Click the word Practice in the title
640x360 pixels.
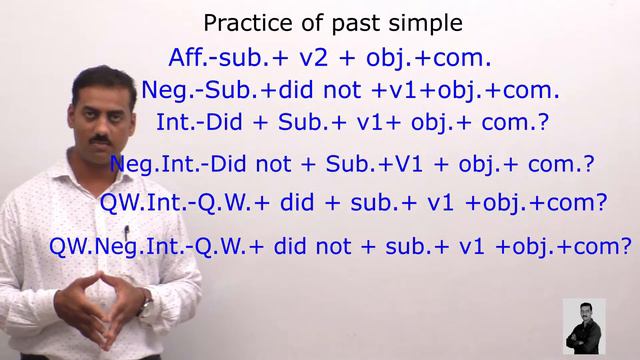pyautogui.click(x=238, y=22)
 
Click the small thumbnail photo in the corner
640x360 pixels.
pyautogui.click(x=584, y=326)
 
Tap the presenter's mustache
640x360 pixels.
pyautogui.click(x=100, y=137)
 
